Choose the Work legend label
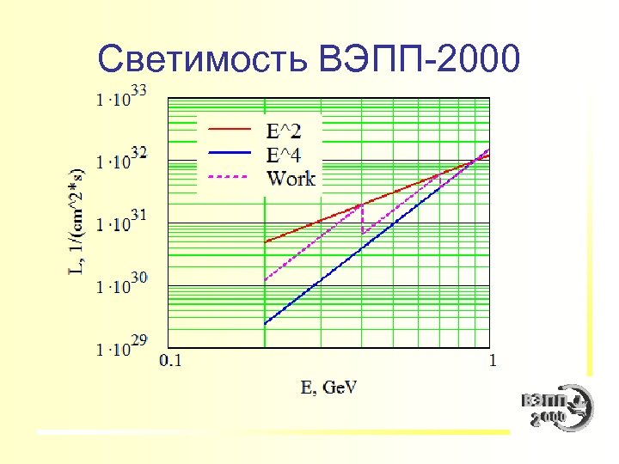click(291, 179)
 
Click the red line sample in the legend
click(230, 129)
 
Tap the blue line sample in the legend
click(230, 153)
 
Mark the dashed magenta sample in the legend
click(230, 177)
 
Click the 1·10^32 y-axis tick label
click(121, 158)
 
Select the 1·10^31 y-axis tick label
click(121, 222)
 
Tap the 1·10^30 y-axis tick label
click(121, 284)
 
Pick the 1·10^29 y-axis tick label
click(121, 346)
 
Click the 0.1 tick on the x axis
click(170, 360)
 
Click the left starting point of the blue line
click(265, 323)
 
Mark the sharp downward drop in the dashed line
click(362, 218)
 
